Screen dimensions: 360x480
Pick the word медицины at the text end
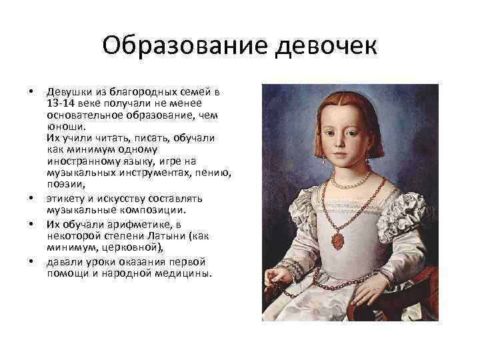[180, 273]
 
